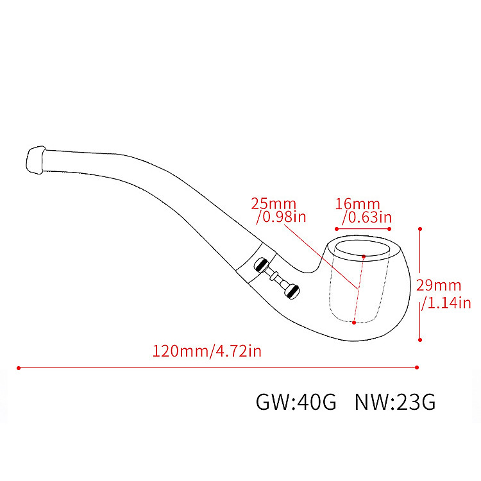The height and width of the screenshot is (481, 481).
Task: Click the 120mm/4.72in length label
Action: (x=207, y=351)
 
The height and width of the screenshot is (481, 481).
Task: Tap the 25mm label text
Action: (x=274, y=204)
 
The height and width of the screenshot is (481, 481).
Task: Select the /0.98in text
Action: (x=282, y=217)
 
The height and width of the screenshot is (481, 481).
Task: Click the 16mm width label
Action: (x=357, y=204)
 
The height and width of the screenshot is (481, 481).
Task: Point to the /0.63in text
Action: (x=367, y=217)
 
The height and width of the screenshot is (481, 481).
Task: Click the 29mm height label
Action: (x=439, y=285)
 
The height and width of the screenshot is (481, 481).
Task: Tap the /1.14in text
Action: (x=446, y=303)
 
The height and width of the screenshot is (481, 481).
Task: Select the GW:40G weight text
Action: (x=296, y=402)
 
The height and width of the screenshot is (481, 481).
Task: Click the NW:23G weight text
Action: (x=395, y=402)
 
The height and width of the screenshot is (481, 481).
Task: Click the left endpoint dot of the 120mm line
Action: (x=19, y=368)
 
